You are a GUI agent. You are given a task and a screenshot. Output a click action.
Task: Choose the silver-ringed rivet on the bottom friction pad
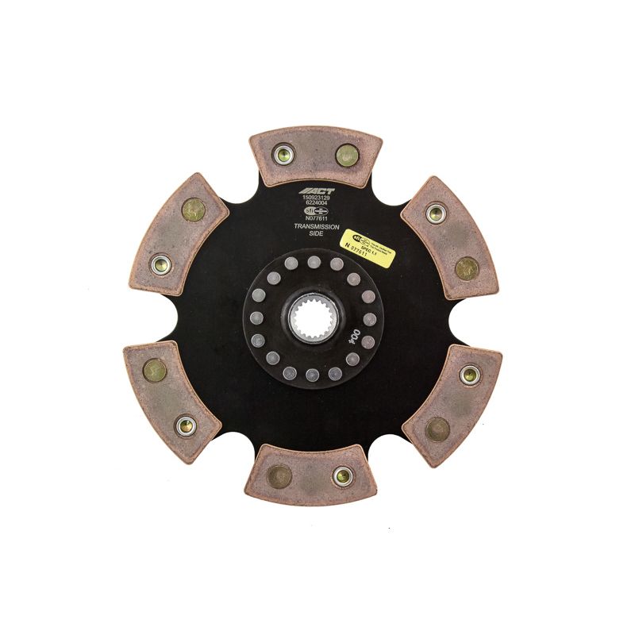coord(343,476)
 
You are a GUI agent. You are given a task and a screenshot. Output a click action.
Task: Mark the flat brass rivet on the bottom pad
coord(279,477)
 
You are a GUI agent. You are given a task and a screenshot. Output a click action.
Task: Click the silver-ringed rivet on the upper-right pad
coord(434,212)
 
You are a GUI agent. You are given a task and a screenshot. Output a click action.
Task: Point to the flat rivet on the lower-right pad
coord(437,429)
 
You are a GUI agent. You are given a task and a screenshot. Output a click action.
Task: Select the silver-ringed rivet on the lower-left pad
coord(185,425)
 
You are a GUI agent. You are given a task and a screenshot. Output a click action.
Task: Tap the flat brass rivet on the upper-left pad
coord(193,210)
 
